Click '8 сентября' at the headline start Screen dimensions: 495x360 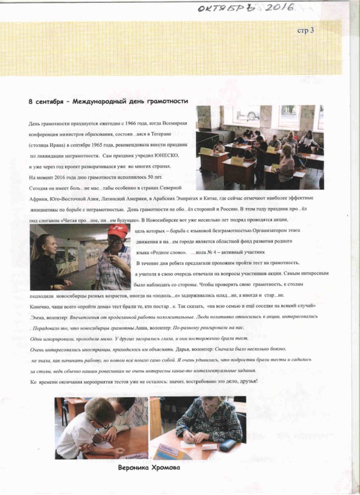[44, 101]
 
